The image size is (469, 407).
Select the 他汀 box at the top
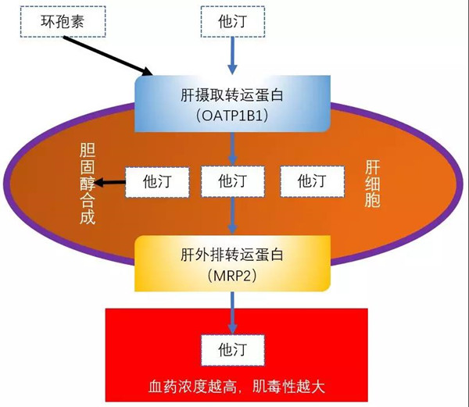(x=232, y=21)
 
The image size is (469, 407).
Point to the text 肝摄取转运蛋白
(x=231, y=95)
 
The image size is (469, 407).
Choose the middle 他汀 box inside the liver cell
(x=232, y=181)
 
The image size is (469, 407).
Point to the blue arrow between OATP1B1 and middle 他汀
(x=232, y=148)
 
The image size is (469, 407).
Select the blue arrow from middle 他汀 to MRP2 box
(x=232, y=214)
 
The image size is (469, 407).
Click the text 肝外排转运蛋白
(x=231, y=255)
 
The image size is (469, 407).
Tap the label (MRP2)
(x=231, y=275)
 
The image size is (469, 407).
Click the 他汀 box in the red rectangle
(x=232, y=349)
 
